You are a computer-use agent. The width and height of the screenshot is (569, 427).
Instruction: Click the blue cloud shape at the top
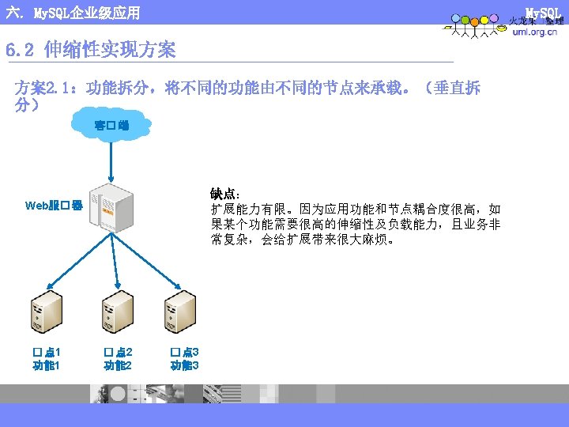pos(111,125)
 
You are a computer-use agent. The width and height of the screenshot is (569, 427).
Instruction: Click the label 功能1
pos(47,365)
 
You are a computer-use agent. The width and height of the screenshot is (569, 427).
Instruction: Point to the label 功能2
pos(118,365)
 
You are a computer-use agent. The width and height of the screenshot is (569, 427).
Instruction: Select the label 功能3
pos(184,365)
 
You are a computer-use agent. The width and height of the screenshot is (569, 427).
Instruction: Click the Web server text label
pos(54,206)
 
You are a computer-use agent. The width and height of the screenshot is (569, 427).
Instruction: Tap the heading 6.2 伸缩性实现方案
pos(90,51)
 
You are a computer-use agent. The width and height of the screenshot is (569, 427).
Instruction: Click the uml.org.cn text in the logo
pos(534,32)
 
